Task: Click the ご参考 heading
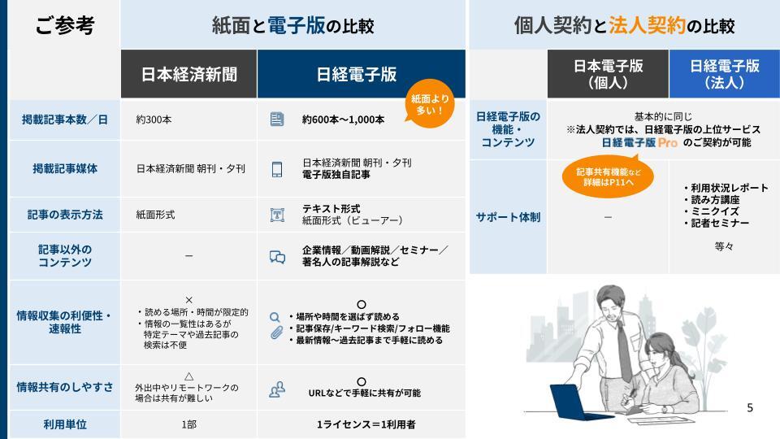[x=65, y=25]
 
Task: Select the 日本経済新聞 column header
[x=189, y=74]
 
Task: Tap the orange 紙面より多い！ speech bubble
[x=430, y=103]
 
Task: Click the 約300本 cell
[x=154, y=120]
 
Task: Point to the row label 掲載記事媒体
[x=65, y=169]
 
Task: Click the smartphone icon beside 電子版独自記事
[x=277, y=169]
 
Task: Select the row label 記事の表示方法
[x=65, y=215]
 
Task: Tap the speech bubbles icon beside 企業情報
[x=277, y=257]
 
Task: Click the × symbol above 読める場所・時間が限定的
[x=188, y=300]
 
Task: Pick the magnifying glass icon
[x=275, y=317]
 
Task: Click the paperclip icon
[x=276, y=333]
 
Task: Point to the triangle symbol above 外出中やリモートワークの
[x=188, y=376]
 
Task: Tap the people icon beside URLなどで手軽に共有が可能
[x=277, y=389]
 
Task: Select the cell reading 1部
[x=188, y=424]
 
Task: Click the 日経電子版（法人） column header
[x=724, y=74]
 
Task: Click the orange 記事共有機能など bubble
[x=608, y=176]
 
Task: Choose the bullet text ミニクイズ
[x=715, y=211]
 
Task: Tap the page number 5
[x=750, y=408]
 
